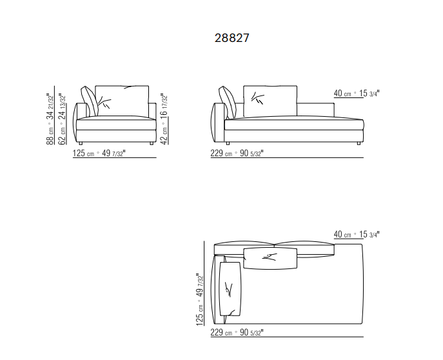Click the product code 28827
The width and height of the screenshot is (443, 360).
pos(231,38)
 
